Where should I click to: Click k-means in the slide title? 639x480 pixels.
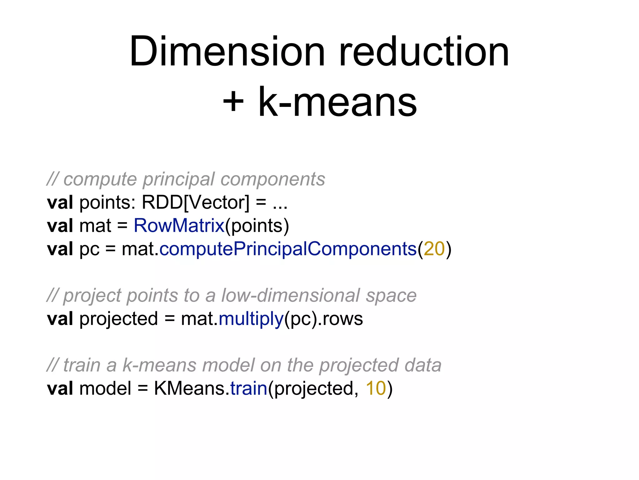[338, 102]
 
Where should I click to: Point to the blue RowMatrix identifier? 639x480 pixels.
[179, 226]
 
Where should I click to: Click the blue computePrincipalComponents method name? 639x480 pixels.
[288, 249]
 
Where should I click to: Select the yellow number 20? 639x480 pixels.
[434, 249]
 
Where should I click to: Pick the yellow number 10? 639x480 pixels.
[376, 388]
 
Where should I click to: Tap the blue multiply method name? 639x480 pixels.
[251, 319]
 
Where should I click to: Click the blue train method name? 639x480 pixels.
[249, 388]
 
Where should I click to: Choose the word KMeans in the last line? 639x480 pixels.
[189, 388]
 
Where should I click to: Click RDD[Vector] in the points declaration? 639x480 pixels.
[196, 202]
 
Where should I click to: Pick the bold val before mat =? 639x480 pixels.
[60, 226]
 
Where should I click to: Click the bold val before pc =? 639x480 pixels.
[60, 249]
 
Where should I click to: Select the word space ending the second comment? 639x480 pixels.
[391, 296]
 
